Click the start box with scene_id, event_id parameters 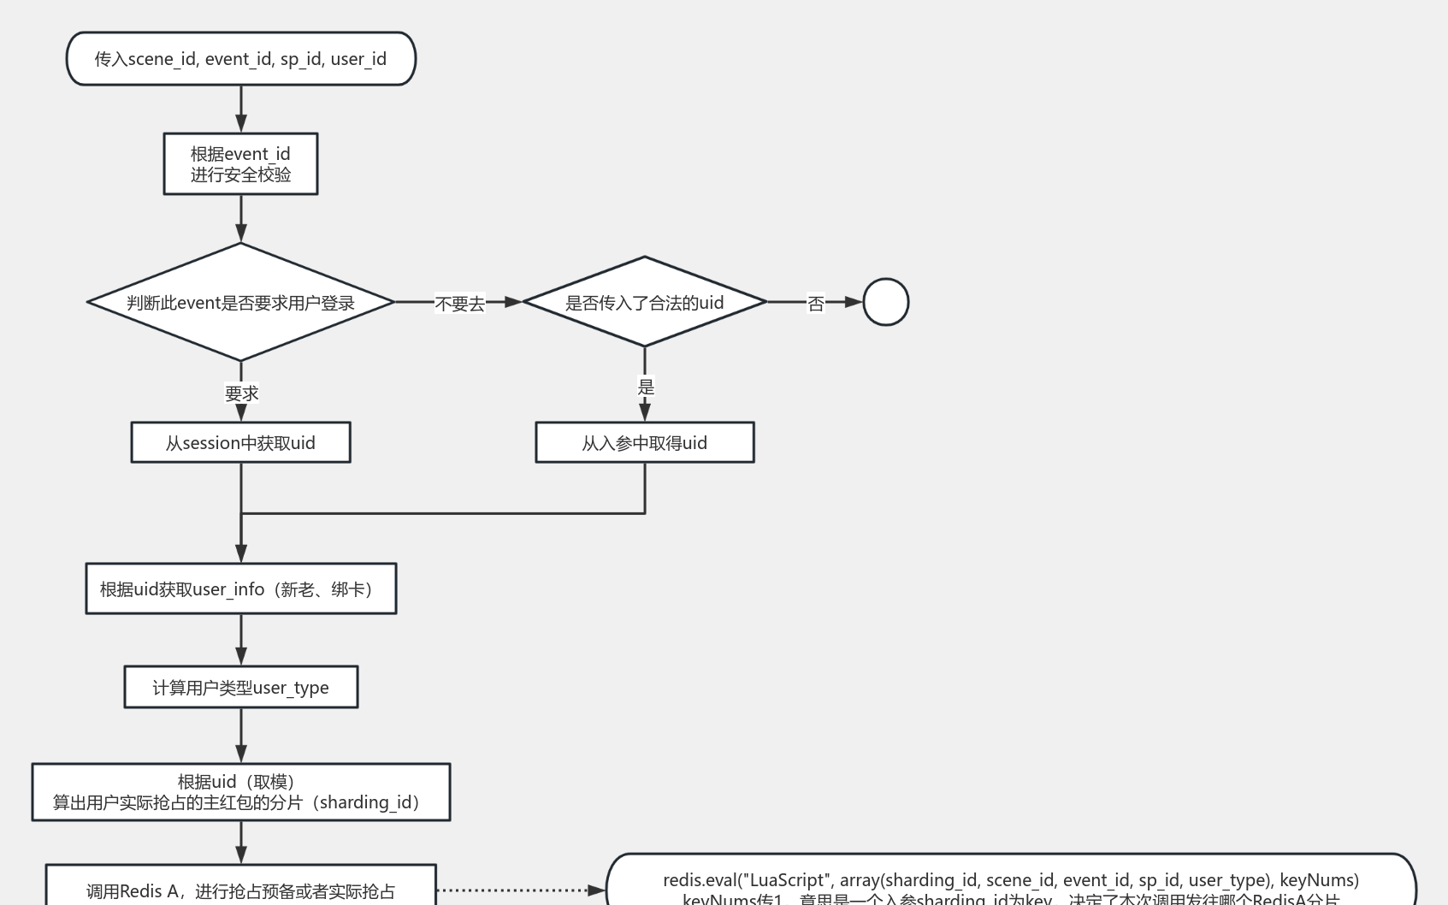tap(240, 59)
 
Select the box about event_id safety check tap(240, 163)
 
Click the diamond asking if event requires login tap(240, 302)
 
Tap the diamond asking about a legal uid tap(644, 302)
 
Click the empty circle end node tap(885, 302)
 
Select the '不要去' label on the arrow tap(459, 304)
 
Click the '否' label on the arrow tap(816, 304)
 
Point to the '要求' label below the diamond tap(241, 393)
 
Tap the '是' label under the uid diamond tap(646, 387)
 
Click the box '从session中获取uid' tap(240, 442)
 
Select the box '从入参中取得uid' tap(644, 442)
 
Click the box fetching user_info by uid tap(240, 589)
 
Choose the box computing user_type tap(240, 687)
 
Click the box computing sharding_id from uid tap(240, 792)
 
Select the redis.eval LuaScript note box tap(1010, 884)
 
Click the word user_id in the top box tap(358, 59)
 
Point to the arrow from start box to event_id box tap(241, 109)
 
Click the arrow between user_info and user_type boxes tap(241, 639)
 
